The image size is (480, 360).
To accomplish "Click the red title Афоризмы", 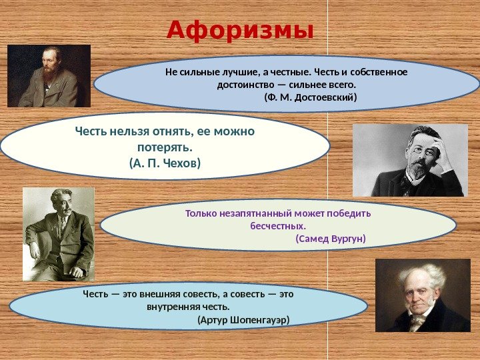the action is pos(240,31).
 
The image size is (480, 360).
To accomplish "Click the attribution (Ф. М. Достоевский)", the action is pos(311,97).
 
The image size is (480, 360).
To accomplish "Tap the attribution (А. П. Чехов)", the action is pos(165,163).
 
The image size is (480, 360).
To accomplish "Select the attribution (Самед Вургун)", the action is pos(331,239).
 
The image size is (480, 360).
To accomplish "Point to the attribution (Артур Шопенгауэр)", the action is pos(243,320).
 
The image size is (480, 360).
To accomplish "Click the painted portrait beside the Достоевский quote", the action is pos(49,76).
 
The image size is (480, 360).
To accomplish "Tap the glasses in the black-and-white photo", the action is pos(417,150).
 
